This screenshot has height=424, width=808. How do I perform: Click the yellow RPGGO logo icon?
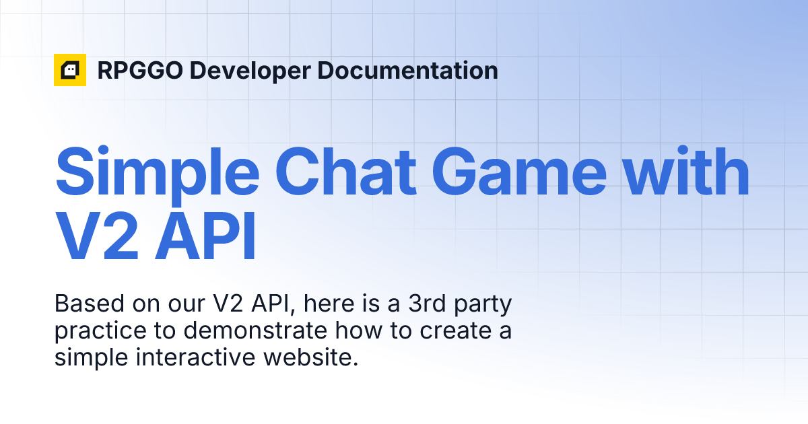tap(70, 70)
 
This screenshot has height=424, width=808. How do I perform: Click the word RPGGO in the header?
tap(138, 70)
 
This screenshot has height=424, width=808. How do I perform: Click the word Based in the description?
tap(85, 304)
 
